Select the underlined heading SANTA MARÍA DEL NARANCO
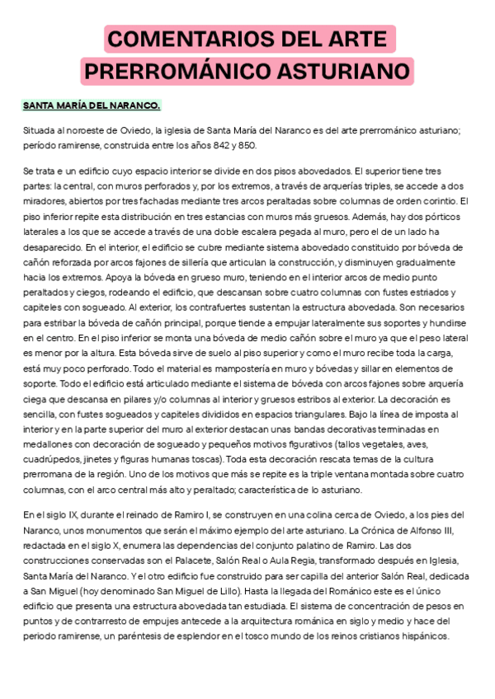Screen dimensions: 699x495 click(91, 106)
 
